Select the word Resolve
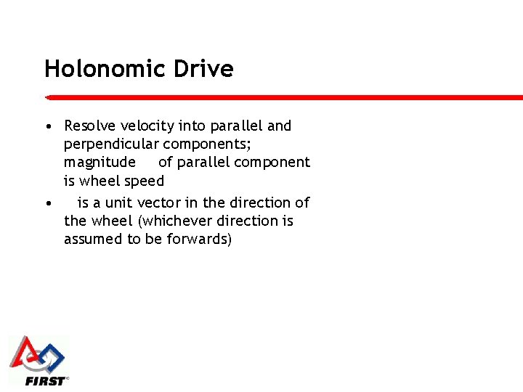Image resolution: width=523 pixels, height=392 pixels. click(91, 126)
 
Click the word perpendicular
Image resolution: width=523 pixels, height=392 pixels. click(111, 144)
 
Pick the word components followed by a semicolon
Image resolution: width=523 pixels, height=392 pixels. click(207, 144)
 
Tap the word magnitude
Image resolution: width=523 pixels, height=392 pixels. click(100, 163)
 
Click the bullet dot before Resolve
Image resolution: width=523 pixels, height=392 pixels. click(47, 127)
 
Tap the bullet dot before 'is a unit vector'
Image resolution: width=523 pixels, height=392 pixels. click(47, 203)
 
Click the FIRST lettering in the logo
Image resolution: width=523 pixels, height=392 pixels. click(45, 380)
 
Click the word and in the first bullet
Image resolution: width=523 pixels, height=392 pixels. click(279, 126)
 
